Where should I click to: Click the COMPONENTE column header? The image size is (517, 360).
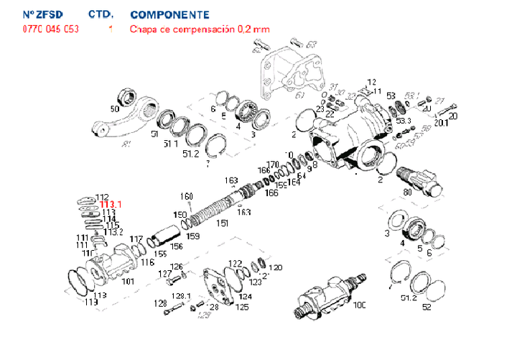pyautogui.click(x=170, y=14)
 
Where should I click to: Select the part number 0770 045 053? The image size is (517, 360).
pyautogui.click(x=51, y=29)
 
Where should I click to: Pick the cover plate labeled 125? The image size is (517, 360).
pyautogui.click(x=215, y=287)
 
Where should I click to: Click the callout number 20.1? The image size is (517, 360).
pyautogui.click(x=439, y=122)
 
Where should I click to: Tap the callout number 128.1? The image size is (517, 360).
pyautogui.click(x=180, y=296)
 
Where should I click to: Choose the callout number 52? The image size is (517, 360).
pyautogui.click(x=427, y=308)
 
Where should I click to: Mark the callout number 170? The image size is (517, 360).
pyautogui.click(x=273, y=164)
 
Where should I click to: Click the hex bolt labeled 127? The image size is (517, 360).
pyautogui.click(x=173, y=281)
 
